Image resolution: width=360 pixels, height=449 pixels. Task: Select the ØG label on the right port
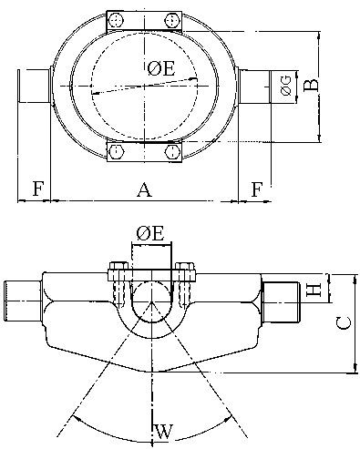285,86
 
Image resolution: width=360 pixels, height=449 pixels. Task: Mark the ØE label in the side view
149,234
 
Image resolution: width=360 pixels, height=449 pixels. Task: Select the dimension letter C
339,321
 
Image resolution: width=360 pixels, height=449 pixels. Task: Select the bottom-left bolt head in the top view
118,153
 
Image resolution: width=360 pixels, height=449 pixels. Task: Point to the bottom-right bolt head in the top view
171,153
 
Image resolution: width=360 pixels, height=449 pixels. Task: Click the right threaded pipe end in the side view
282,301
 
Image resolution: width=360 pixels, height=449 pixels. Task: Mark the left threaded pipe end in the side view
21,301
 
